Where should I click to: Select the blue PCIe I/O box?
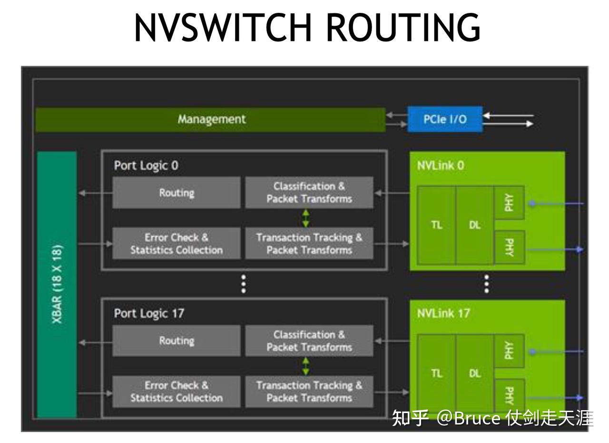[x=445, y=119]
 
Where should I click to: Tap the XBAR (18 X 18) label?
[x=57, y=285]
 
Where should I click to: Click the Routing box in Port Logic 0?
[x=177, y=193]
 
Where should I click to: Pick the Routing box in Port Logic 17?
[x=177, y=341]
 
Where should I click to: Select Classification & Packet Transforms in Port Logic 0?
[x=309, y=193]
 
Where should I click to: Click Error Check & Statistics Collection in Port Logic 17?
[x=177, y=392]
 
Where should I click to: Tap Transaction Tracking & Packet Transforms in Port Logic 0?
[x=309, y=244]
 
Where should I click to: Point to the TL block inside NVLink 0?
[x=436, y=225]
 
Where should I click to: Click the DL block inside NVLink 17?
[x=474, y=374]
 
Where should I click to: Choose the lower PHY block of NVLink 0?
[x=509, y=247]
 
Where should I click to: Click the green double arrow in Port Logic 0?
[x=306, y=218]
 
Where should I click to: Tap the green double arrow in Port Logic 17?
[x=306, y=366]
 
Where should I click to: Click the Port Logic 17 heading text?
[x=149, y=314]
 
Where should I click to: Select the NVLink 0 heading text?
[x=441, y=166]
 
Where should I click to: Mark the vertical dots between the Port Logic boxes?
[x=244, y=284]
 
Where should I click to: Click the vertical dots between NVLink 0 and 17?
[x=486, y=284]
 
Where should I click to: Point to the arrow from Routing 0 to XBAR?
[x=95, y=193]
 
